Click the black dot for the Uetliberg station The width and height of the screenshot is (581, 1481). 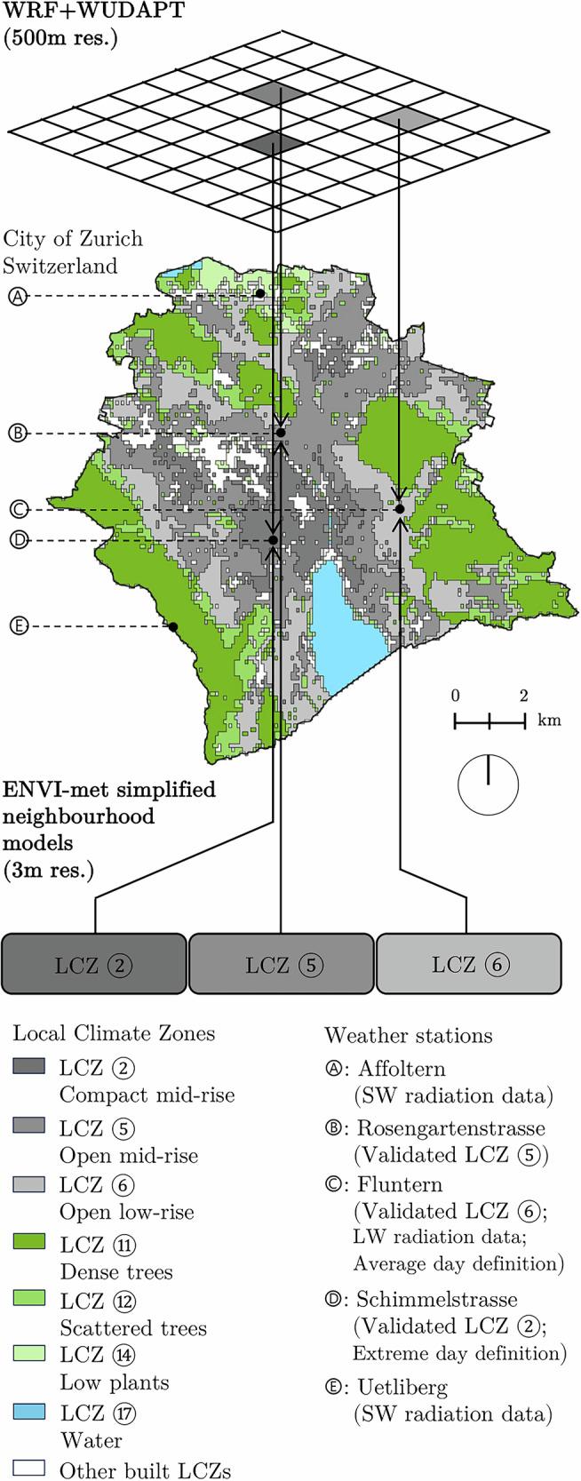tap(173, 626)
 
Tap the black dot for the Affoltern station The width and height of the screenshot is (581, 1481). tap(259, 293)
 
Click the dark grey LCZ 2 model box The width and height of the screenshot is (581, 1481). tap(95, 964)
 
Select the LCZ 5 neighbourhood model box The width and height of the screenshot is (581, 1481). tap(281, 964)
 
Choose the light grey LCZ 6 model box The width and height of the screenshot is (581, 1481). tap(468, 964)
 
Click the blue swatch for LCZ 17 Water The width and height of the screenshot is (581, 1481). tap(28, 1412)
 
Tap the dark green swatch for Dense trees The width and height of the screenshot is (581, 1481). tap(28, 1242)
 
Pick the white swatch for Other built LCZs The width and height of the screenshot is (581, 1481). tap(28, 1469)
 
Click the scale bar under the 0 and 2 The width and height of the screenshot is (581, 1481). tap(489, 721)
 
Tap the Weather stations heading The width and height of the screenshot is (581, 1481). tap(408, 1036)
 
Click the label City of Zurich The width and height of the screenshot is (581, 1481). tap(73, 240)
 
